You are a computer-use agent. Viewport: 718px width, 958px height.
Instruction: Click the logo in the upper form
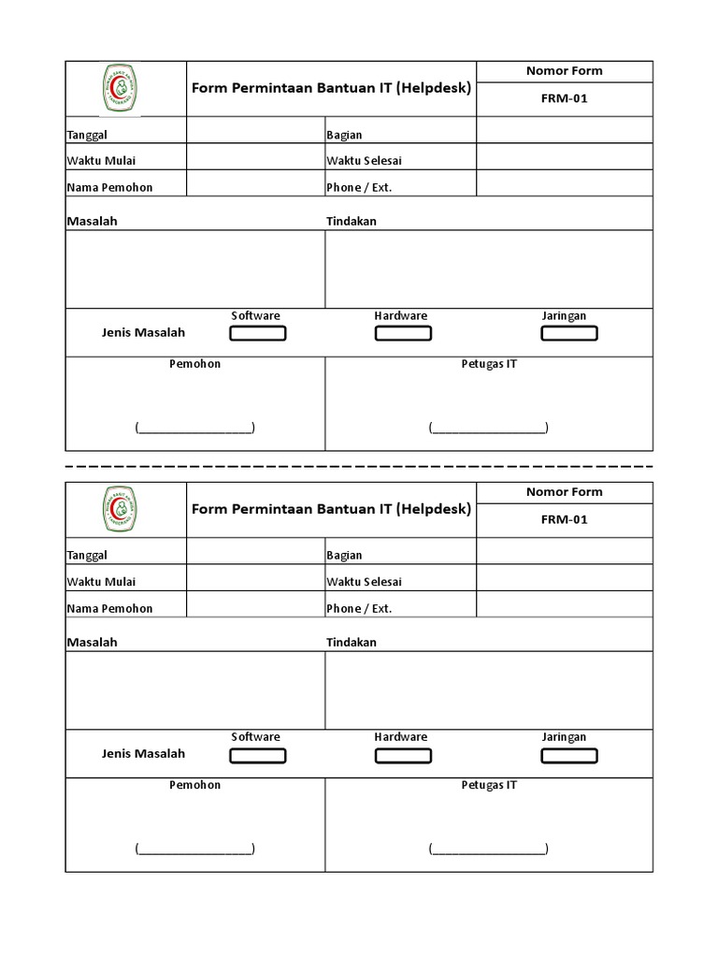[x=119, y=88]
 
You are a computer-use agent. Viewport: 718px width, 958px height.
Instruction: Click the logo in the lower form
[x=119, y=509]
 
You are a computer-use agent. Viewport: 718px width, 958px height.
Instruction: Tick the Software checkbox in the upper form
[x=258, y=333]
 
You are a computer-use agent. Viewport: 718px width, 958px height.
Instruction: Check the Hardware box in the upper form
[x=403, y=333]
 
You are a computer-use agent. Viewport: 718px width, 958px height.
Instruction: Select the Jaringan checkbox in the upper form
[x=568, y=333]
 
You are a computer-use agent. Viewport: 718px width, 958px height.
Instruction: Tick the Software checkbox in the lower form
[x=258, y=755]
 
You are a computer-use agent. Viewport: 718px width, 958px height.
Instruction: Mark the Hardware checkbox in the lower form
[x=403, y=755]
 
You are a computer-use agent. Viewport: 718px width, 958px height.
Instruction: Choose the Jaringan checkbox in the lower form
[x=568, y=755]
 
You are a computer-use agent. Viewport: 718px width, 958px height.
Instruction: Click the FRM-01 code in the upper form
[x=564, y=98]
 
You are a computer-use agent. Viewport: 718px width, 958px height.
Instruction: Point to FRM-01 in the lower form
[x=564, y=519]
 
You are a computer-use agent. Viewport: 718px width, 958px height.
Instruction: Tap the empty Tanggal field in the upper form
[x=255, y=130]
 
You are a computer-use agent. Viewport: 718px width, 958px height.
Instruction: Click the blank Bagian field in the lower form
[x=564, y=551]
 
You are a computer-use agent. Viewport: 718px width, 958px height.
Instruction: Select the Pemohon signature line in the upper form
[x=194, y=428]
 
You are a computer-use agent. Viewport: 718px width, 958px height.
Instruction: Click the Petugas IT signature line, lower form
[x=489, y=849]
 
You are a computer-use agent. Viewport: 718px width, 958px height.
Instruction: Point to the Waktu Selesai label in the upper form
[x=364, y=161]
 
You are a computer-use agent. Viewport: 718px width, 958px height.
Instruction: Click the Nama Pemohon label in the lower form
[x=109, y=608]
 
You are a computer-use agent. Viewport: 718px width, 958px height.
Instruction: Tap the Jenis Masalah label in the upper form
[x=143, y=332]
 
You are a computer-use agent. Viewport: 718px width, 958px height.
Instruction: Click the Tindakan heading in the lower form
[x=352, y=643]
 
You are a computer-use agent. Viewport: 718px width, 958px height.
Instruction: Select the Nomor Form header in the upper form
[x=564, y=71]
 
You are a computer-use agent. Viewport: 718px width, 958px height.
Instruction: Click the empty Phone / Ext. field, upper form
[x=564, y=183]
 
